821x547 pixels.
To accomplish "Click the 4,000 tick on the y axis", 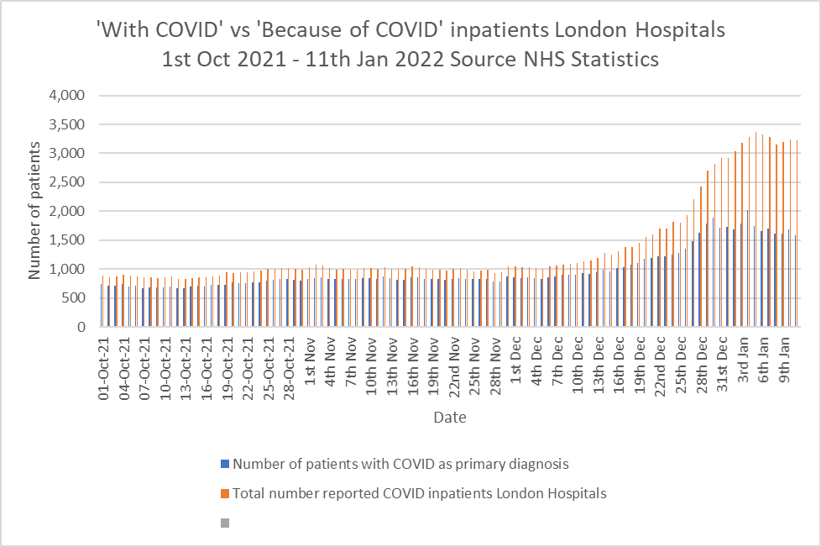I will tap(67, 96).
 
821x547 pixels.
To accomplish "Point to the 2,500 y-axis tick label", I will tap(67, 182).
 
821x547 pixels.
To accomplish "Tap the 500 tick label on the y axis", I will tap(73, 298).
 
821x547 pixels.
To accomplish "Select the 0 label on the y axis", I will tap(82, 327).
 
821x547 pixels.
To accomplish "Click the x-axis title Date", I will tap(450, 417).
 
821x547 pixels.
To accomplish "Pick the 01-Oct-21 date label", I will tap(104, 369).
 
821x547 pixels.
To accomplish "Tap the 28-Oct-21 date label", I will tap(290, 369).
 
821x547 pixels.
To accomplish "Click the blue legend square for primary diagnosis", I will tap(224, 464).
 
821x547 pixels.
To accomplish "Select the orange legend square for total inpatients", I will tap(224, 493).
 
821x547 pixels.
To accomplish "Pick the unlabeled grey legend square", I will tap(224, 523).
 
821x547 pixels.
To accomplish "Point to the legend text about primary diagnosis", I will tap(400, 464).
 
